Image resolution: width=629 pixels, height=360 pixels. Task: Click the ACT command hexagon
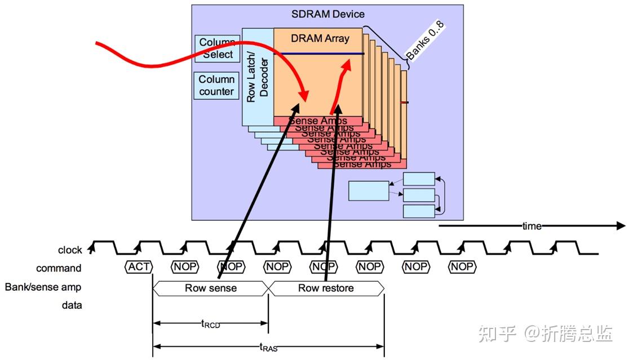(x=139, y=266)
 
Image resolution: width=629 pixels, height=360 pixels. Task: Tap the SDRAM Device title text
(x=328, y=14)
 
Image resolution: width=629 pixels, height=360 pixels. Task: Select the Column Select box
(x=217, y=49)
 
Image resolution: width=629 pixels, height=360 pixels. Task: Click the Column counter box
(x=216, y=86)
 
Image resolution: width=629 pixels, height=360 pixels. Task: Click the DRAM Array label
(x=320, y=39)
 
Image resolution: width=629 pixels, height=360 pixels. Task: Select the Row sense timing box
(x=211, y=288)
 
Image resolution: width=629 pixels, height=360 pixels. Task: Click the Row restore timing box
(x=326, y=288)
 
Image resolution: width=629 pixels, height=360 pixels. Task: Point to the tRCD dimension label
(x=211, y=323)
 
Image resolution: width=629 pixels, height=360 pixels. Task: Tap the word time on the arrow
(x=531, y=226)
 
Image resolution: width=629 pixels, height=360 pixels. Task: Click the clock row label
(x=70, y=250)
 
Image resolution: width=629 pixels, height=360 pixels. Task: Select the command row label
(x=59, y=268)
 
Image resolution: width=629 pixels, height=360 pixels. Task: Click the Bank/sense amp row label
(x=43, y=287)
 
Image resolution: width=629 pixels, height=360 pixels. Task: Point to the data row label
(x=71, y=305)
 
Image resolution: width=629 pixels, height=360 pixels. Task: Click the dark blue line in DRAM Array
(x=321, y=54)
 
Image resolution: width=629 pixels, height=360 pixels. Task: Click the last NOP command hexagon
(x=462, y=266)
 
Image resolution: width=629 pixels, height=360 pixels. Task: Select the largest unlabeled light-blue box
(x=369, y=190)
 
